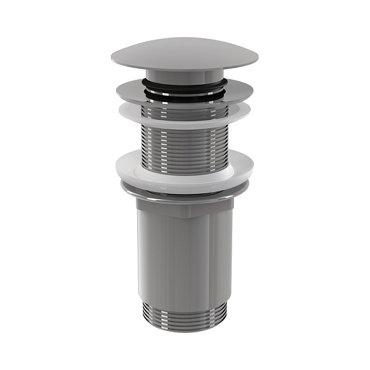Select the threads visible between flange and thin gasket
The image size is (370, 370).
click(185, 108)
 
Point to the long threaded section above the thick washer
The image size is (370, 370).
click(185, 144)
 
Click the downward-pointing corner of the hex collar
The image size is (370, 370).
click(185, 216)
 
